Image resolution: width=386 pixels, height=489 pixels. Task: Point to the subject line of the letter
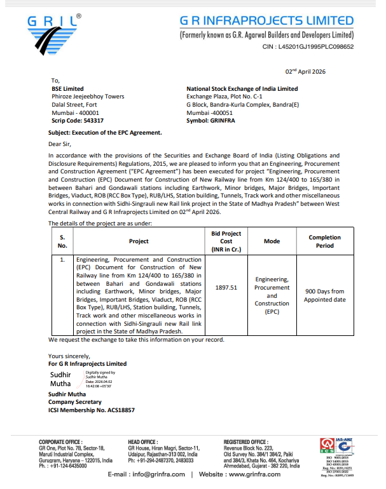[x=105, y=132]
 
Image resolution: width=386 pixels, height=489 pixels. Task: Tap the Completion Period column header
[x=324, y=241]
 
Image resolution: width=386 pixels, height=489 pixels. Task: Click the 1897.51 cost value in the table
[x=226, y=287]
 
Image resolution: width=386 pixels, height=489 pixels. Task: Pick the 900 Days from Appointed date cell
[x=324, y=295]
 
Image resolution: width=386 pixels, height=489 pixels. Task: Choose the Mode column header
[x=272, y=241]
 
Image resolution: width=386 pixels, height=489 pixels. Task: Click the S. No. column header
[x=62, y=241]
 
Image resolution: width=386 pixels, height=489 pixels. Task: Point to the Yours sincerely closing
[x=69, y=356]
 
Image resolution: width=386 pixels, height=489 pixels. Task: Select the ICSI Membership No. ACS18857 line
[x=92, y=410]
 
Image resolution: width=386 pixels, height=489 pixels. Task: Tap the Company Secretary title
[x=75, y=402]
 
